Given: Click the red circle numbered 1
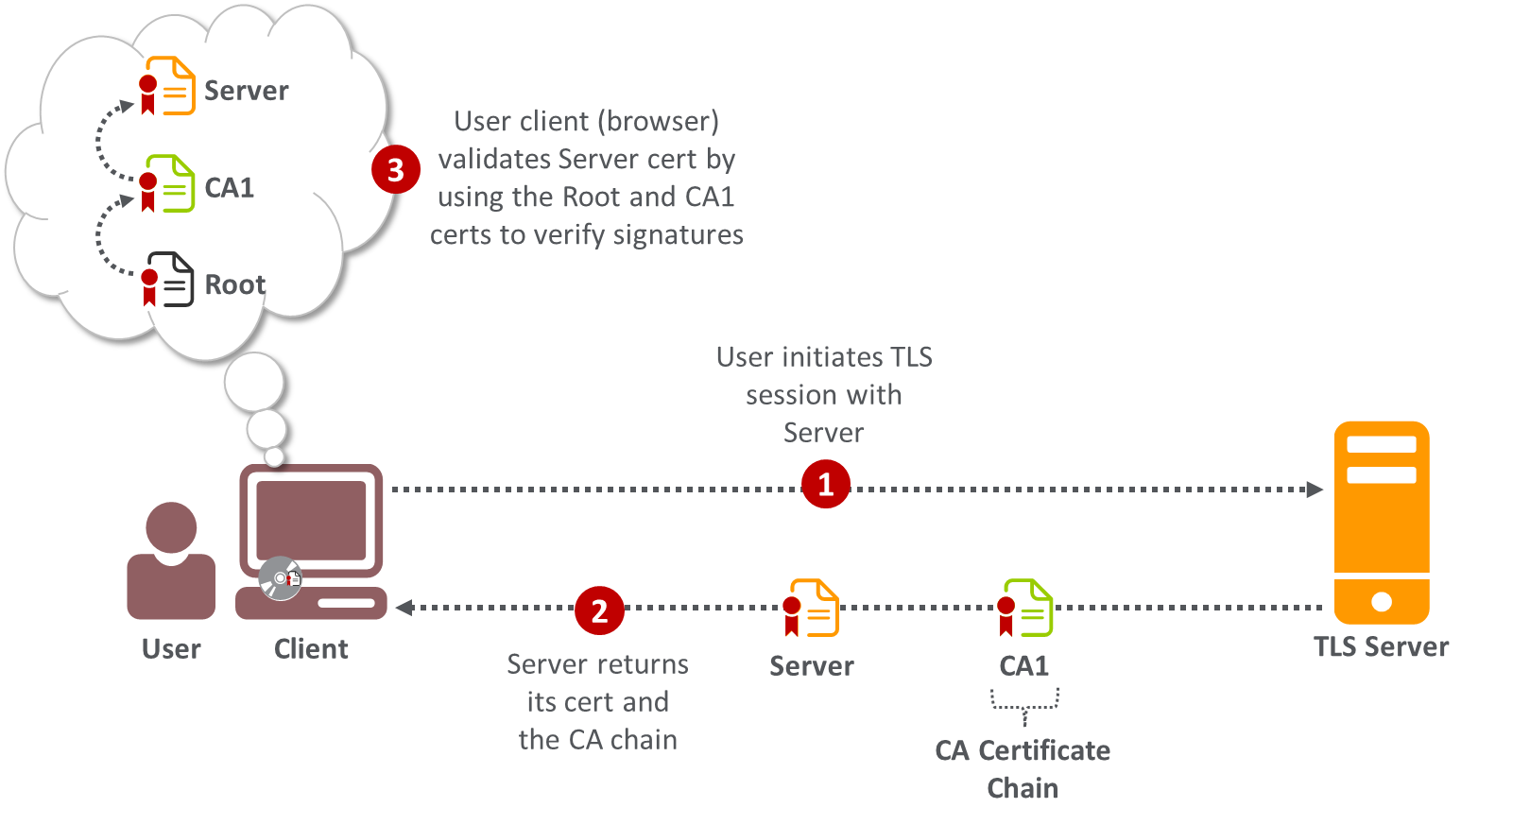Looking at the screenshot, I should pyautogui.click(x=825, y=484).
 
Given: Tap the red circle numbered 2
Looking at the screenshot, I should pyautogui.click(x=599, y=610).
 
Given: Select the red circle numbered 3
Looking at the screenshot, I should pyautogui.click(x=395, y=170).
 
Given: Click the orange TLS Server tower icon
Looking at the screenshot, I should pyautogui.click(x=1381, y=522).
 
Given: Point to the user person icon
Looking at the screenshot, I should pyautogui.click(x=171, y=561).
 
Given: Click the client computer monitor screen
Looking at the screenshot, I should pyautogui.click(x=311, y=520).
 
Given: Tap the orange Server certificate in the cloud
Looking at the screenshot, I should pyautogui.click(x=169, y=86).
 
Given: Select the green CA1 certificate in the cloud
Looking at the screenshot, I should pyautogui.click(x=169, y=184).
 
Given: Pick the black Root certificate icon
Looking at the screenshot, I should pyautogui.click(x=169, y=280).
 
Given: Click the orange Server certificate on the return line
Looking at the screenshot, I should pyautogui.click(x=813, y=609).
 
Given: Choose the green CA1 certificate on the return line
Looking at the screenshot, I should pyautogui.click(x=1026, y=609).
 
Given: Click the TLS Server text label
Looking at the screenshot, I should pyautogui.click(x=1381, y=647).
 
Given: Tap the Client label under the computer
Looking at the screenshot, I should pyautogui.click(x=311, y=649).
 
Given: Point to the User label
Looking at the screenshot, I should pyautogui.click(x=171, y=649).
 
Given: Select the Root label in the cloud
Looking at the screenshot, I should pyautogui.click(x=234, y=284).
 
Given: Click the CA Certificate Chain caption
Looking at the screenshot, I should pyautogui.click(x=1023, y=769).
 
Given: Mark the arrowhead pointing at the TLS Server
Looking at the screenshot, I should pyautogui.click(x=1315, y=490).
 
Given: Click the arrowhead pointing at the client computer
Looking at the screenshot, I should pyautogui.click(x=404, y=608).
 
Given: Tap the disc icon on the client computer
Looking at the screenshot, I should pyautogui.click(x=280, y=578).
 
